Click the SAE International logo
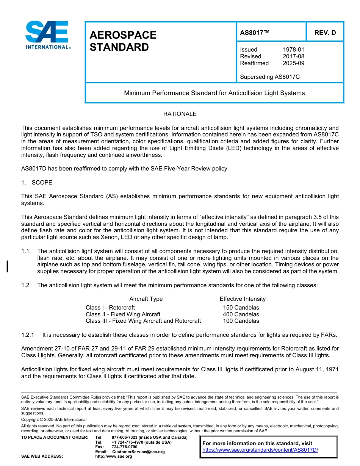(47, 35)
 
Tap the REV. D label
(325, 33)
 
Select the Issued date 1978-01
(293, 50)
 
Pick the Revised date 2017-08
(293, 56)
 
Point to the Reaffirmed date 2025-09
(293, 63)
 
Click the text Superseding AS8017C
(270, 77)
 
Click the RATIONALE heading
(180, 114)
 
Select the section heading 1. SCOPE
(37, 183)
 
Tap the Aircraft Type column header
(146, 299)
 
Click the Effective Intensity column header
(243, 299)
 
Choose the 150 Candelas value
(241, 308)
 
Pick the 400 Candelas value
(241, 314)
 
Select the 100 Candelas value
(241, 321)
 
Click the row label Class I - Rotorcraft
(110, 308)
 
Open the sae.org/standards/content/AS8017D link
(260, 450)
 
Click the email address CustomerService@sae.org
(138, 452)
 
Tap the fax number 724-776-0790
(125, 447)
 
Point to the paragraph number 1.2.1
(28, 335)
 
